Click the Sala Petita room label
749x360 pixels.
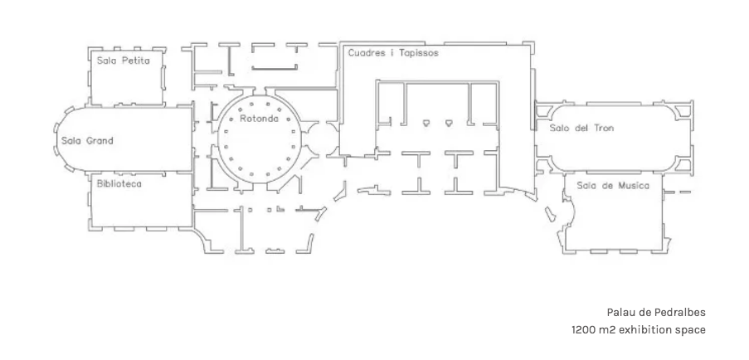(124, 61)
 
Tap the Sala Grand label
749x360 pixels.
(87, 141)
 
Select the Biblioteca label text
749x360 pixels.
(119, 183)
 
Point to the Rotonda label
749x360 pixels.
(259, 119)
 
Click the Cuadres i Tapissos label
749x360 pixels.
(393, 53)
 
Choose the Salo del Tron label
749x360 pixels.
(581, 128)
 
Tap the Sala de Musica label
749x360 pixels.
(613, 186)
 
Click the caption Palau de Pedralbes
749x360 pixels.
(656, 312)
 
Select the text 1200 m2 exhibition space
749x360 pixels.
(639, 329)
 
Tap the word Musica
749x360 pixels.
(634, 186)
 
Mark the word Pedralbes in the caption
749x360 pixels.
(681, 312)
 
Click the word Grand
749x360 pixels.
(100, 141)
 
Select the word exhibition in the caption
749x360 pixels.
(651, 329)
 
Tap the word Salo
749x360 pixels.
(558, 128)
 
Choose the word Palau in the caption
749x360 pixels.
(620, 312)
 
